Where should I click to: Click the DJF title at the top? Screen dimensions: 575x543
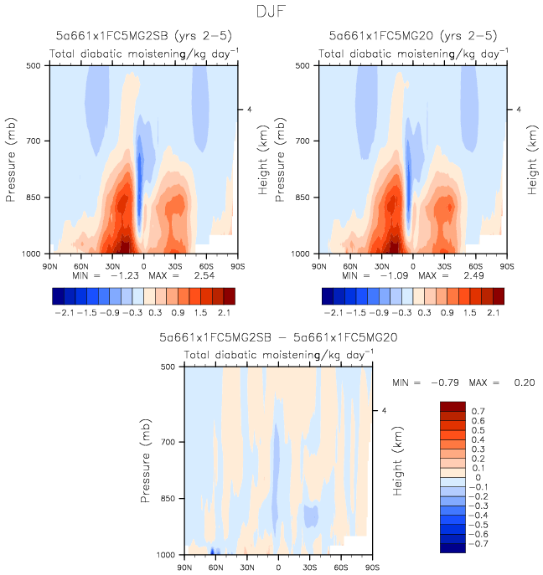tap(271, 13)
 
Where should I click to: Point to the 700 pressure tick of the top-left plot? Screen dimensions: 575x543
tap(34, 141)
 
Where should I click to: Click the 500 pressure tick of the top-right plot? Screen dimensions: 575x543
tap(303, 65)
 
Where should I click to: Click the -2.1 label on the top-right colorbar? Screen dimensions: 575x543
tap(334, 311)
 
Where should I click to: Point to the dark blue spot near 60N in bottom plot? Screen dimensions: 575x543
tap(215, 551)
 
